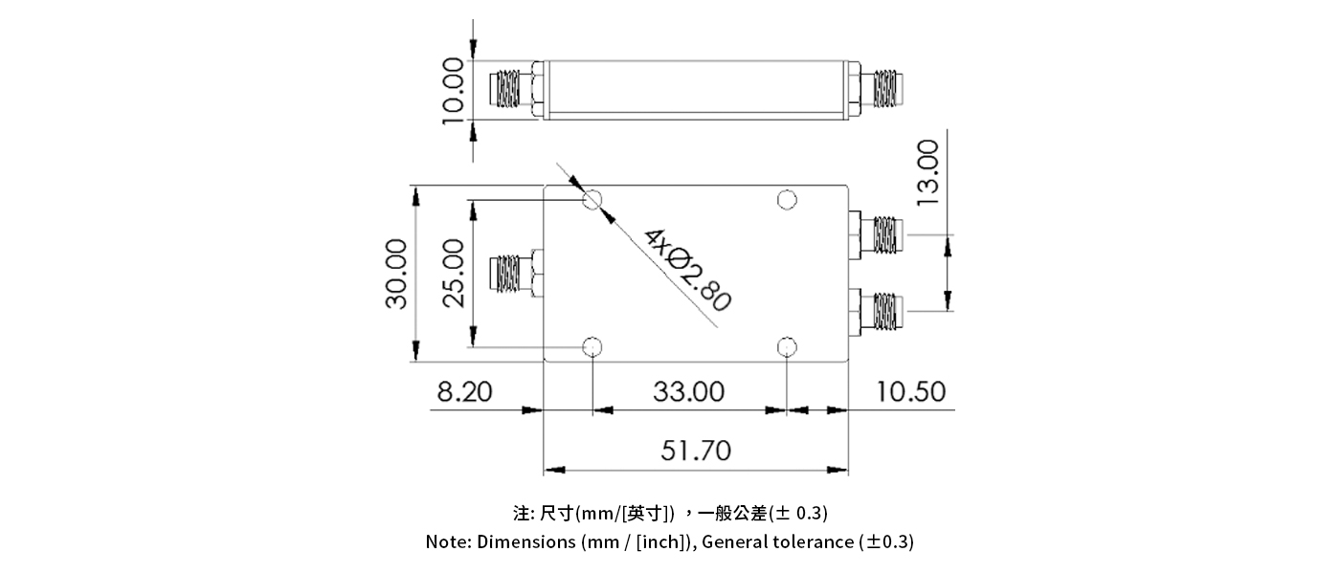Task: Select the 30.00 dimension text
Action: point(396,274)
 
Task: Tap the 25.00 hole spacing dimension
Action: point(453,274)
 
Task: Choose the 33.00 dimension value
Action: point(689,392)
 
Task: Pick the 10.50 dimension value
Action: point(908,392)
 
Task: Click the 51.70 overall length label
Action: point(696,451)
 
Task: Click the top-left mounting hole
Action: point(593,200)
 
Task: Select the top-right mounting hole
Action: point(787,200)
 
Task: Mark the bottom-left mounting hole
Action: point(593,345)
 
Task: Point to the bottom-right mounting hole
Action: point(787,345)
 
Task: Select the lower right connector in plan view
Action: point(880,311)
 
